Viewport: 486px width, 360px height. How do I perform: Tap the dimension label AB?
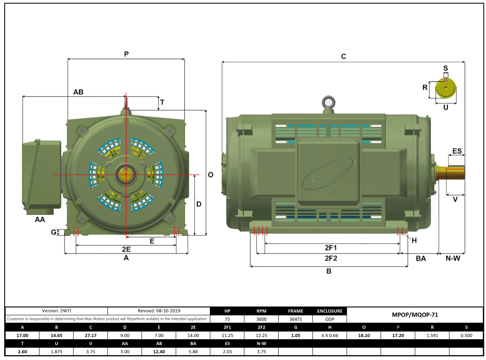tap(78, 92)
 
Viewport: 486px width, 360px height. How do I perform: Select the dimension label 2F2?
tap(331, 258)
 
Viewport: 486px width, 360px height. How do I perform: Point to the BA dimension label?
tap(421, 259)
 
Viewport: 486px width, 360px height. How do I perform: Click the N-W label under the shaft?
tap(453, 258)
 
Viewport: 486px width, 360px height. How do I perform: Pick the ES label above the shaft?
tap(457, 151)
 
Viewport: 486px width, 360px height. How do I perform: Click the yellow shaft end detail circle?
tap(446, 88)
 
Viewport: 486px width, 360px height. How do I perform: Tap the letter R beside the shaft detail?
tap(425, 87)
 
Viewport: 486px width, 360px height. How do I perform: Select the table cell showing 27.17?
tap(90, 335)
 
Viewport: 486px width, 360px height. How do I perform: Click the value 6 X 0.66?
tap(329, 335)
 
